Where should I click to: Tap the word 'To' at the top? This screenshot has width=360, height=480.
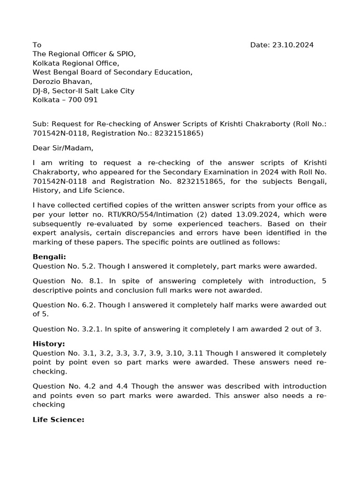tap(37, 45)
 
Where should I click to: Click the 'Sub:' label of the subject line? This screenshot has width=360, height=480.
tap(41, 124)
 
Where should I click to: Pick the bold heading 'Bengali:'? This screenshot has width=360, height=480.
tap(49, 257)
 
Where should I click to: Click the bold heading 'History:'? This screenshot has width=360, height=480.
tap(49, 344)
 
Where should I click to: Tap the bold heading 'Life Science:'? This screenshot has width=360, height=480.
tap(58, 420)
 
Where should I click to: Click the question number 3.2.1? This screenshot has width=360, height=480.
tap(103, 329)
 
